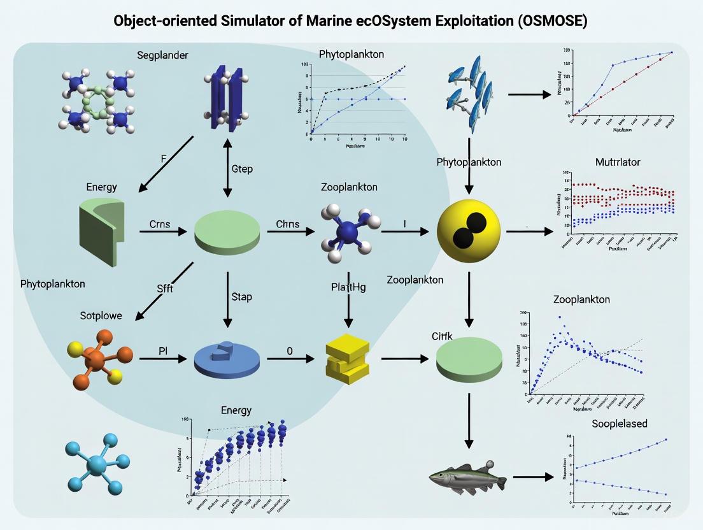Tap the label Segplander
162,55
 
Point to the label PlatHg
348,287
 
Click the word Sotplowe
101,315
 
